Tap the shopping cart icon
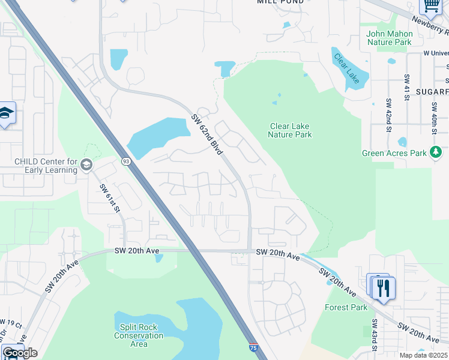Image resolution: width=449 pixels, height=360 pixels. [430, 5]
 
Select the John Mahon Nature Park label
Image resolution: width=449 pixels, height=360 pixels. [390, 38]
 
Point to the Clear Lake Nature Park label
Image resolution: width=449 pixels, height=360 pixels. [291, 130]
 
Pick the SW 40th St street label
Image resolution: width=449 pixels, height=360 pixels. [433, 118]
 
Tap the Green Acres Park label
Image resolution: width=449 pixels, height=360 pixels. [394, 153]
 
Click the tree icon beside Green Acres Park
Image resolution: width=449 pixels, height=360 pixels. [437, 152]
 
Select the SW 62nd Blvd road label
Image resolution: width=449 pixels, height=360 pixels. [207, 134]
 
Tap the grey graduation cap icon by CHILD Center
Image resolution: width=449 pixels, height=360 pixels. [86, 164]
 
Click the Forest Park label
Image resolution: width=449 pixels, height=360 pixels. [346, 308]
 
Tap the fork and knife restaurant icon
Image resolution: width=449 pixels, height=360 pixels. [384, 288]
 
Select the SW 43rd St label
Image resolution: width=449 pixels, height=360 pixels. [373, 341]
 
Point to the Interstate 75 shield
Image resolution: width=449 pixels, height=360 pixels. [254, 346]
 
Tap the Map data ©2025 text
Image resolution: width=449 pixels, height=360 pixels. [423, 355]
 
